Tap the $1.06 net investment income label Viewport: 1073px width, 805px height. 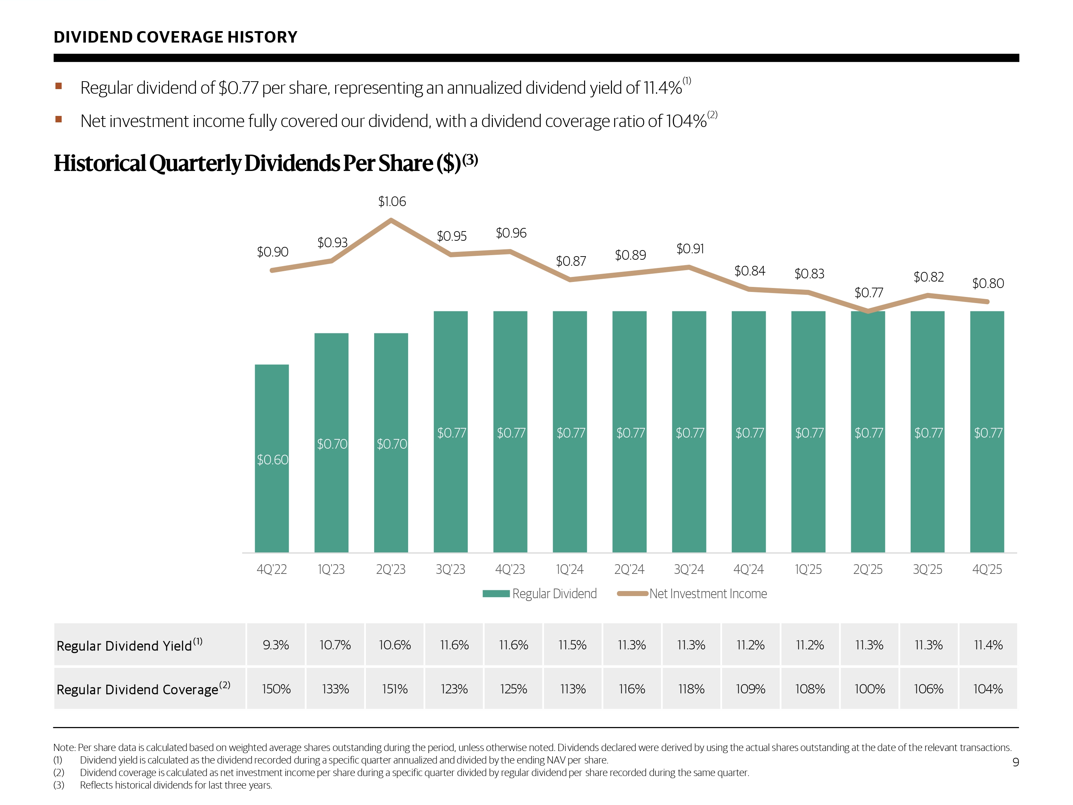[392, 201]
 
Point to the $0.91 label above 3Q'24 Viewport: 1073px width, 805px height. [690, 249]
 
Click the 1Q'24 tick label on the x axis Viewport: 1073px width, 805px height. [569, 569]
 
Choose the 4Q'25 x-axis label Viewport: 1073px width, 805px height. [987, 569]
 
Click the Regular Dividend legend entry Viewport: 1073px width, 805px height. [539, 594]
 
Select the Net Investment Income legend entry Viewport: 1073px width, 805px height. [692, 594]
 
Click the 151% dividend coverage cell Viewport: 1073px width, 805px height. [395, 689]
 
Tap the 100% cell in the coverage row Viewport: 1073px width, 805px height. [869, 689]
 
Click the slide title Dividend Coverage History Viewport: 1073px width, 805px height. [175, 37]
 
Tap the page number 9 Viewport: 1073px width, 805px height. [1015, 762]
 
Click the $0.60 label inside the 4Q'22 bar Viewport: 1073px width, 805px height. [272, 459]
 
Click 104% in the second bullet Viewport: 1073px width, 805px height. [686, 121]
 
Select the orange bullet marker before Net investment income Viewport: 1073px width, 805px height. [59, 119]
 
